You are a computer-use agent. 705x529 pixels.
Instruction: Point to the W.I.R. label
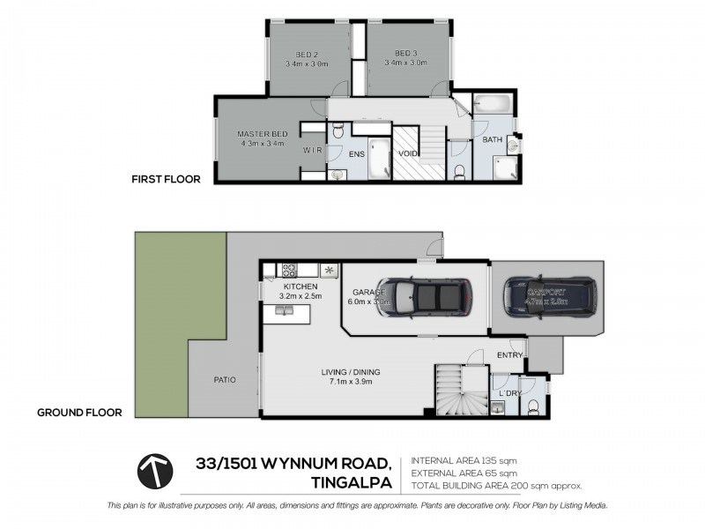click(312, 151)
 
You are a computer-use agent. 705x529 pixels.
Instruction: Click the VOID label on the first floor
click(408, 153)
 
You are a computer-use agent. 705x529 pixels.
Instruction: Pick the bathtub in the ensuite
click(379, 159)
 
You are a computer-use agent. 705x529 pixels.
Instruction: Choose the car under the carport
click(548, 296)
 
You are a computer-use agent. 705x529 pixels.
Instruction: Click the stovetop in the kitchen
click(288, 270)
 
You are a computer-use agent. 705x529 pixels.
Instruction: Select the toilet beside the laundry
click(532, 406)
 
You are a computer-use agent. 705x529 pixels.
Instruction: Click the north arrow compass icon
click(154, 472)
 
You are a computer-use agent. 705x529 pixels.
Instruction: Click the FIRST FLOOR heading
click(166, 179)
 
